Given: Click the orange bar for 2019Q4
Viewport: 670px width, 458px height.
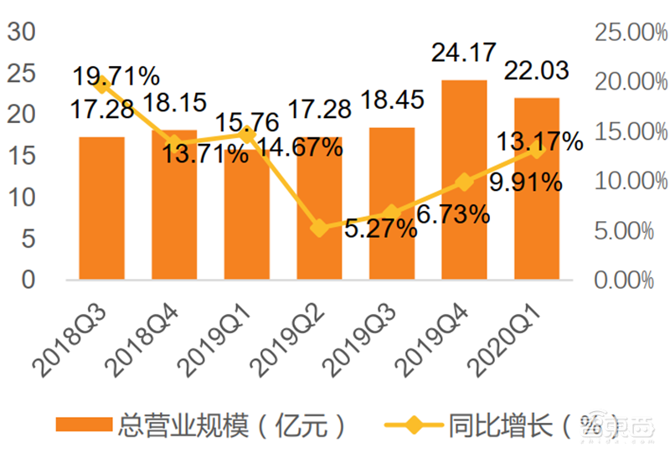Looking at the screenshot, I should click(x=464, y=180).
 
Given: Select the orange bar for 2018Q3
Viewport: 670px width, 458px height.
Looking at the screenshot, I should click(x=101, y=208).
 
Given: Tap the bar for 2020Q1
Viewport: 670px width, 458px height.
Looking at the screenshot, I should click(x=537, y=188).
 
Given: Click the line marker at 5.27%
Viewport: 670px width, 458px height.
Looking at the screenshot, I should click(x=319, y=228).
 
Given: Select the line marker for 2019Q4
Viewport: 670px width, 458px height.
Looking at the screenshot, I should click(x=464, y=182).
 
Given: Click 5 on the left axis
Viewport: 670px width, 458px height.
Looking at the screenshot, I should click(x=28, y=239).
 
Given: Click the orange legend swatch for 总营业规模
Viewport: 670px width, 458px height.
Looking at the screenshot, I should click(x=83, y=425).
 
